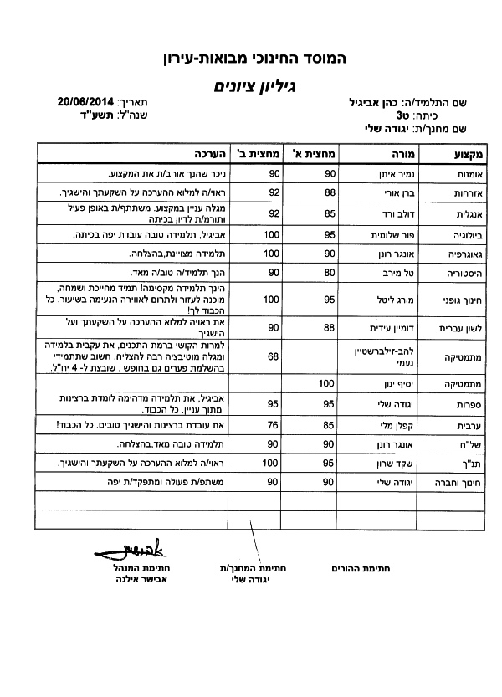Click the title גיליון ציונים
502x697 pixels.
[x=254, y=85]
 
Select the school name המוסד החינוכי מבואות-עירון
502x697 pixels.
[x=254, y=59]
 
